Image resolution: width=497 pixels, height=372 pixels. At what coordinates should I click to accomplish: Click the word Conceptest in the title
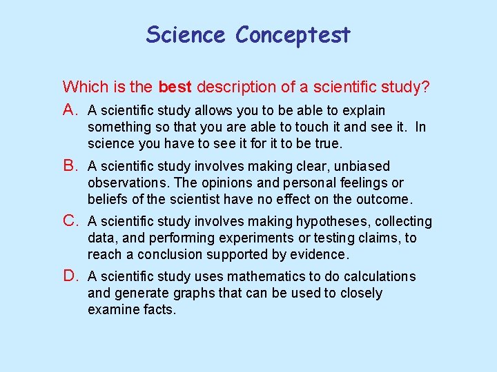point(293,35)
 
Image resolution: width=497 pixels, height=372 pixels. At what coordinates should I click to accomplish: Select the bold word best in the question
point(176,87)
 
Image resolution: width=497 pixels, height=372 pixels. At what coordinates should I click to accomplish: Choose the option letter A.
point(71,110)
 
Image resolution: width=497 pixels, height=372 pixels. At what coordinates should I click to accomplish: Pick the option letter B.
point(71,166)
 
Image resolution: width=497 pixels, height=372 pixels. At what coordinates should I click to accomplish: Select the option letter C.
point(71,221)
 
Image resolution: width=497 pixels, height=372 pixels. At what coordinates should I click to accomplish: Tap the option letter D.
point(71,276)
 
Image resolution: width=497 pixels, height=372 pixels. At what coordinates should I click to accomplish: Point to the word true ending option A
point(328,143)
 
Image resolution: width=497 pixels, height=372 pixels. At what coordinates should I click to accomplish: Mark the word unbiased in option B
point(363,166)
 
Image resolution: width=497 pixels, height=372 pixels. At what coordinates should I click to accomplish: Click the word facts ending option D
point(160,309)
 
